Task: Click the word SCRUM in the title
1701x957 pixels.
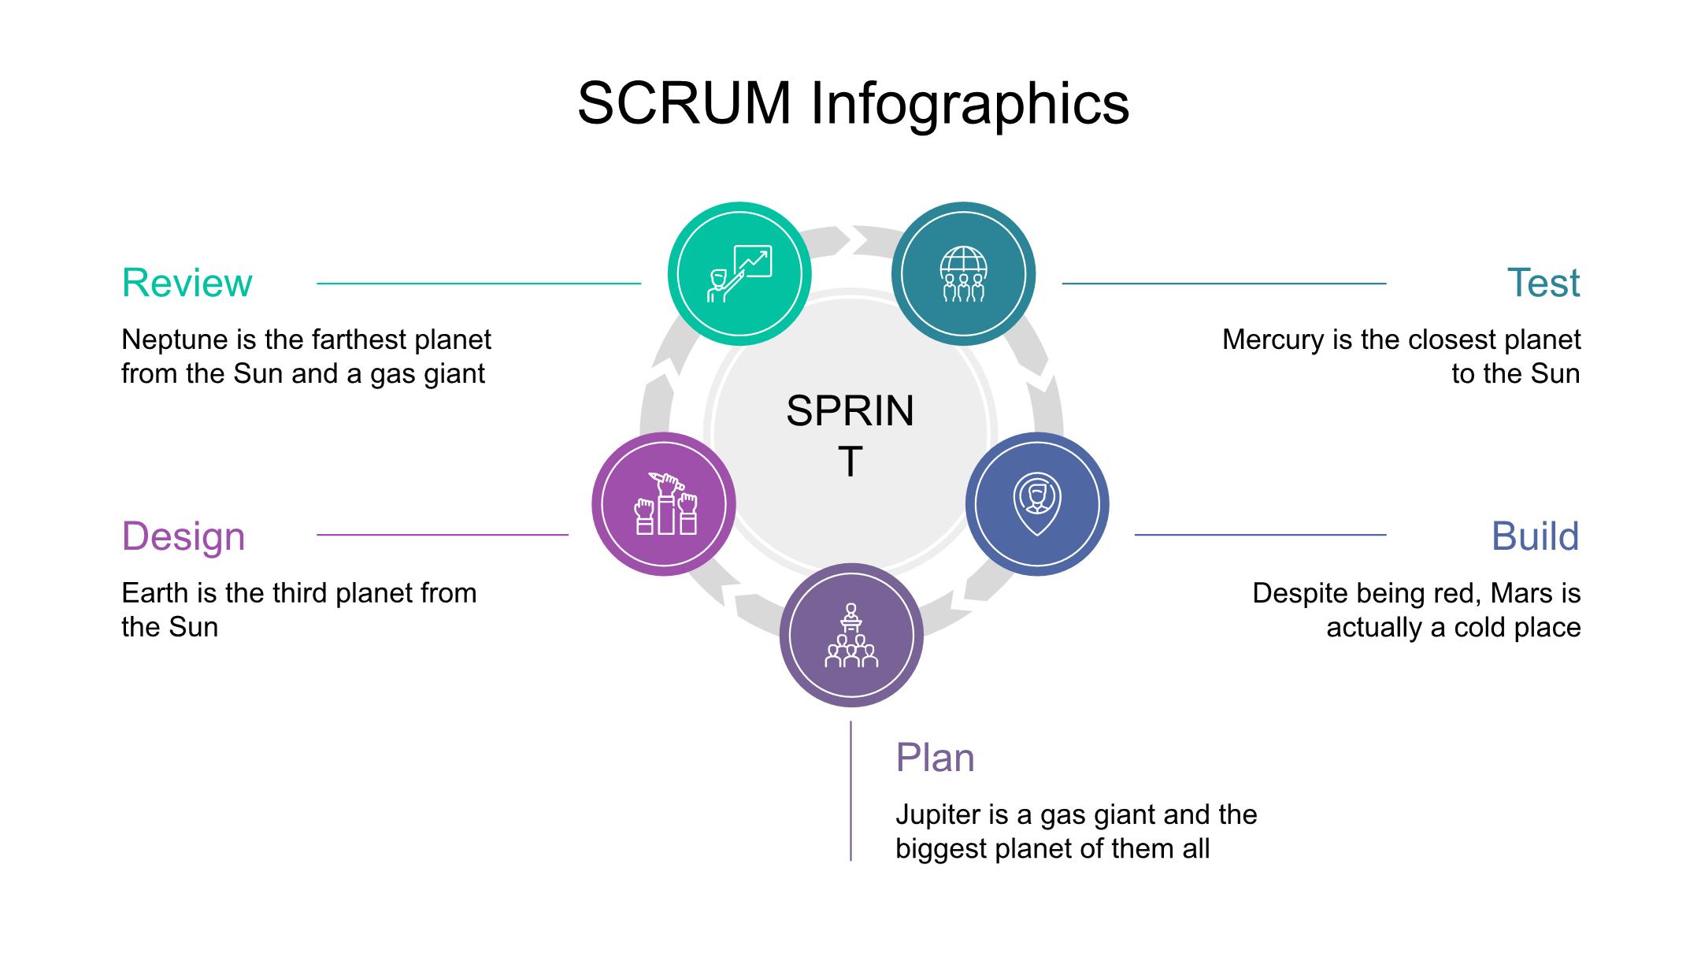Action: coord(684,103)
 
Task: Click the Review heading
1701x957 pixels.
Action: coord(187,283)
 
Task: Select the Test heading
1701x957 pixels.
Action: coord(1543,283)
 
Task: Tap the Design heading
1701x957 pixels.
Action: coord(183,536)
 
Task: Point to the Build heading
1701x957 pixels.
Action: coord(1535,536)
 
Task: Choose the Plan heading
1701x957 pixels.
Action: coord(935,758)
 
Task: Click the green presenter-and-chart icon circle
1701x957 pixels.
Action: coord(739,274)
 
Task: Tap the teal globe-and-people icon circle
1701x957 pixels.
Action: coord(963,274)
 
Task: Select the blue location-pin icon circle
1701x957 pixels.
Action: coord(1037,504)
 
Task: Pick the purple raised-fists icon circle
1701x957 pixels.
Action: coord(664,504)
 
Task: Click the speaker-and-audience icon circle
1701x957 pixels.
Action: coord(851,635)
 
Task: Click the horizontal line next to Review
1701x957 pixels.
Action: coord(479,283)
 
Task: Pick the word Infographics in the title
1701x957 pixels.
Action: coord(969,103)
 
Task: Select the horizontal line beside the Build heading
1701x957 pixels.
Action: coord(1260,535)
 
